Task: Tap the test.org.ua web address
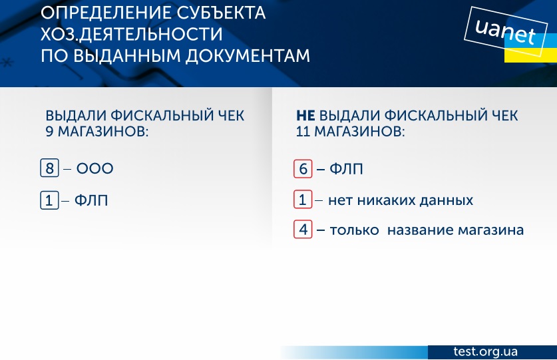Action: coord(485,351)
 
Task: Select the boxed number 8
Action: coord(49,168)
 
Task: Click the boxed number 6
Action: coord(303,168)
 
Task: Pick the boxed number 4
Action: coord(303,229)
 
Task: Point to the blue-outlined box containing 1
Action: coord(49,200)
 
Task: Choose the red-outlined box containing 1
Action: coord(303,200)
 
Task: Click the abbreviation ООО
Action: coord(95,168)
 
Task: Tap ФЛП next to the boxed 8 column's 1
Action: coord(91,200)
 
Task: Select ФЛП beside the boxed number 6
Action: coord(346,169)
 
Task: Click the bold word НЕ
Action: coord(305,116)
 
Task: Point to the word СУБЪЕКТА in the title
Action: coord(220,13)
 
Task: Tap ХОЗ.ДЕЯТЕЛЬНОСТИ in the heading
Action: coord(132,35)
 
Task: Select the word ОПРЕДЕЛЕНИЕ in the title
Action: coord(106,13)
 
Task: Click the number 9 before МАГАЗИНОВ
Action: coord(49,132)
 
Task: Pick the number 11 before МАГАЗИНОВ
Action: coord(303,132)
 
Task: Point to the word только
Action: coord(355,230)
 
